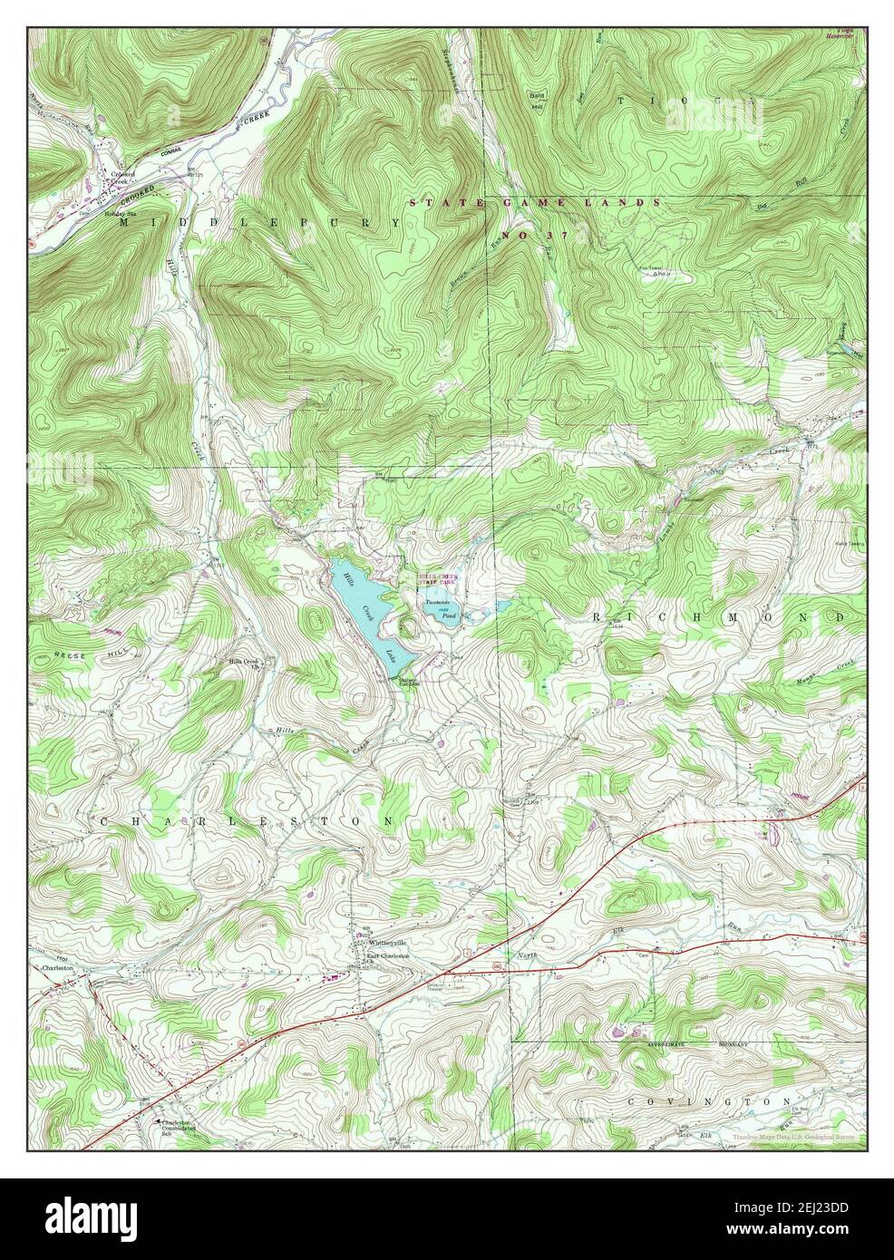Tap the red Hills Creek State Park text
(x=437, y=580)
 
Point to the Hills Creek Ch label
(x=244, y=664)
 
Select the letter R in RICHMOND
(x=598, y=616)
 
